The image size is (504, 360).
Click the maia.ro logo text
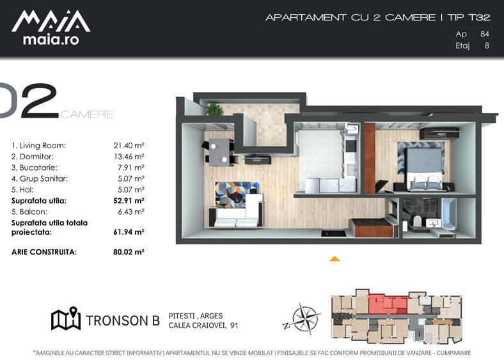coord(51,40)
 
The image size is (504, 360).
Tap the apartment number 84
coord(484,34)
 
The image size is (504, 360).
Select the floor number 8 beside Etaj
coord(487,45)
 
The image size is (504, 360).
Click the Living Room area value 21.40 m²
coord(129,146)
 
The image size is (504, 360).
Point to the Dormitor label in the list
coord(36,157)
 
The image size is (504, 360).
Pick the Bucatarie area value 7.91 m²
coord(131,168)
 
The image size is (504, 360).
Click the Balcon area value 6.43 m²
coord(131,212)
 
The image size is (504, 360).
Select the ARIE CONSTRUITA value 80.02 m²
coord(129,252)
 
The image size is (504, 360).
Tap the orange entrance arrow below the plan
coord(335,259)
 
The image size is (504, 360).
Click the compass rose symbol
coord(302,319)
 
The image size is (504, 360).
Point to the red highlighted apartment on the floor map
coord(388,304)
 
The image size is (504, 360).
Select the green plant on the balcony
coord(214,109)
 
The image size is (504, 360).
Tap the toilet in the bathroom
coord(417,221)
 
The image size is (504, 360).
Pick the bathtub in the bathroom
coord(449,214)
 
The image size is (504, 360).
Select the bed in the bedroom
coord(423,169)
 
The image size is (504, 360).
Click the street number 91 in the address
coord(234,325)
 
